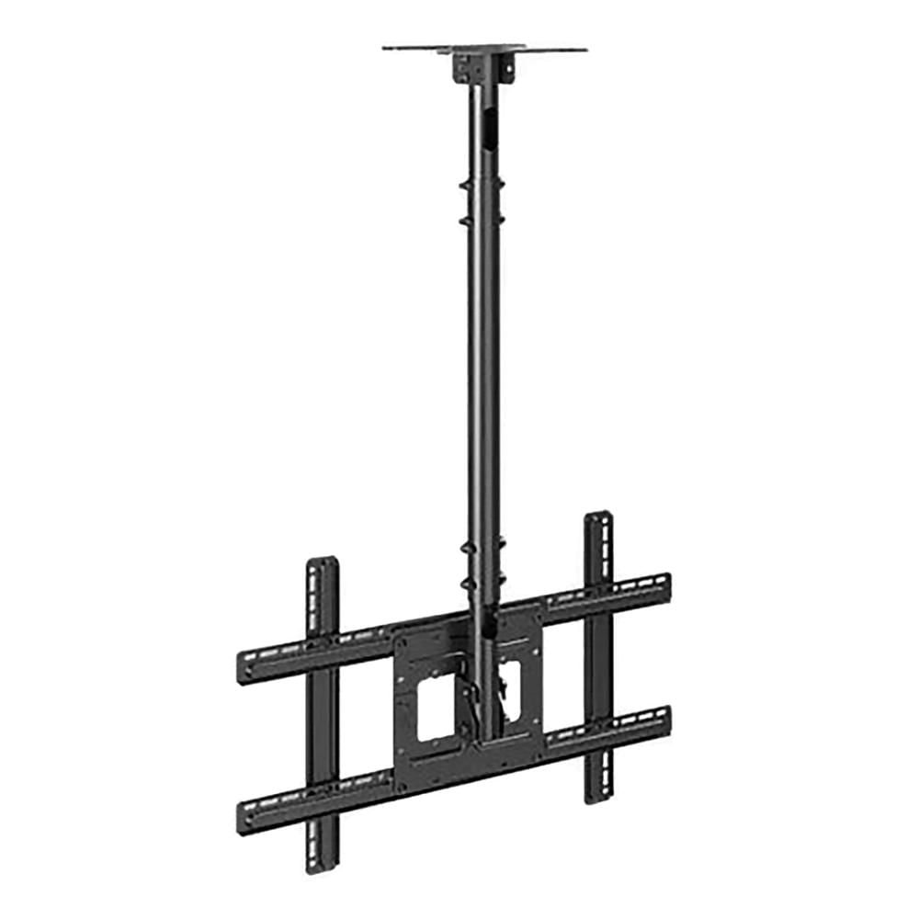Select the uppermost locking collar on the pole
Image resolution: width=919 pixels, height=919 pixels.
tap(482, 185)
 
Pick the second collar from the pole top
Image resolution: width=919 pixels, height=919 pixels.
tap(482, 221)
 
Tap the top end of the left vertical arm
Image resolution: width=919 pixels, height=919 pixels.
tap(322, 566)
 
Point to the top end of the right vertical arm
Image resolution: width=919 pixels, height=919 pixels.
tap(598, 520)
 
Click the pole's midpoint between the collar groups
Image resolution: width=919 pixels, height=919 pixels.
tap(483, 386)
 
